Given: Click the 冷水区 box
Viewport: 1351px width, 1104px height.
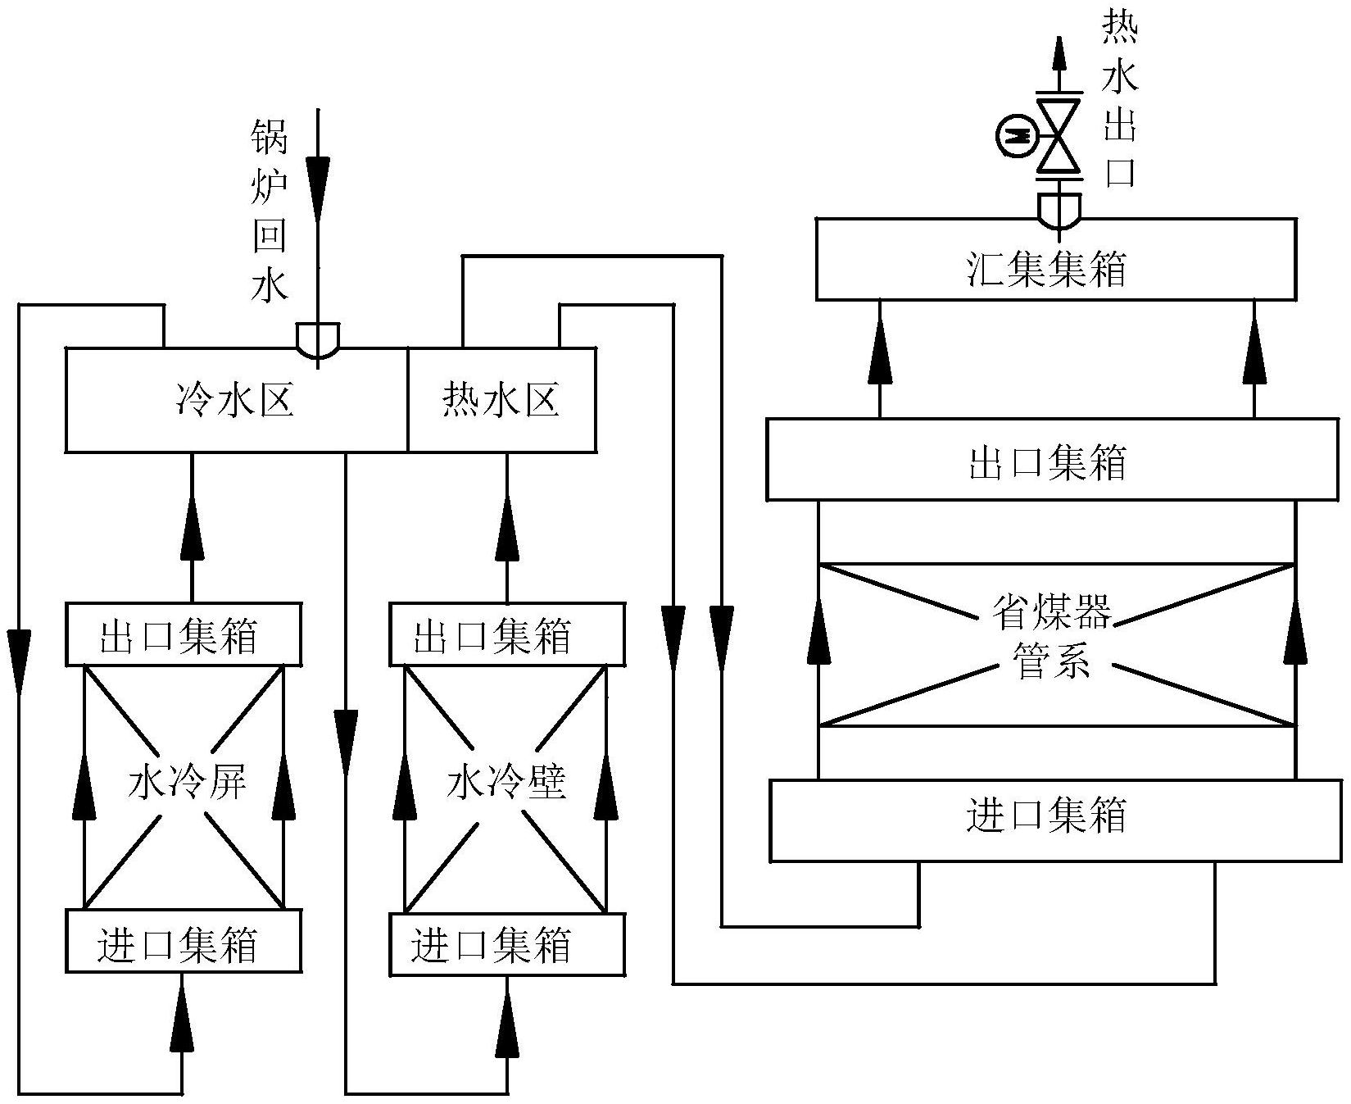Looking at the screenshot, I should [236, 401].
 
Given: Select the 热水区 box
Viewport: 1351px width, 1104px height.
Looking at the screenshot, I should [501, 401].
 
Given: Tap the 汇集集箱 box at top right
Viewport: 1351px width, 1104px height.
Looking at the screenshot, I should [1055, 259].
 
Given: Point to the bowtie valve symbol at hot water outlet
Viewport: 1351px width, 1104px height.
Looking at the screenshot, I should [1059, 135].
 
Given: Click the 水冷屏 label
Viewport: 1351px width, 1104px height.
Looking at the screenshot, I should [188, 784].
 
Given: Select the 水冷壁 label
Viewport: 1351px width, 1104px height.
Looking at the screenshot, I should [505, 784].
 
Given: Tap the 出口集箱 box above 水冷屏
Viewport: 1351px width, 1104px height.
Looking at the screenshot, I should [183, 634].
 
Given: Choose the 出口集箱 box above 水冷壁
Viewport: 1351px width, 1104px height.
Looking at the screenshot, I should [505, 634].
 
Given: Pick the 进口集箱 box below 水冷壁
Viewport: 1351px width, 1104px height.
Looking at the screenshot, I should [505, 943].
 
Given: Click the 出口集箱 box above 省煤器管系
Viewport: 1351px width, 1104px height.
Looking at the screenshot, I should [1052, 460].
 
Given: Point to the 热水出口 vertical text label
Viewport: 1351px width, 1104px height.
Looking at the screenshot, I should [1120, 102].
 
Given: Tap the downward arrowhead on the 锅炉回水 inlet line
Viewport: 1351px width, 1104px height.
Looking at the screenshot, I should [318, 179].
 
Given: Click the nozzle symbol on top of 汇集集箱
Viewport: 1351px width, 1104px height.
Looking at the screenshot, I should [1059, 210].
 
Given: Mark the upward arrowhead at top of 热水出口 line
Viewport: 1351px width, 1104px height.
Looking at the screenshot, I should [1059, 54].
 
